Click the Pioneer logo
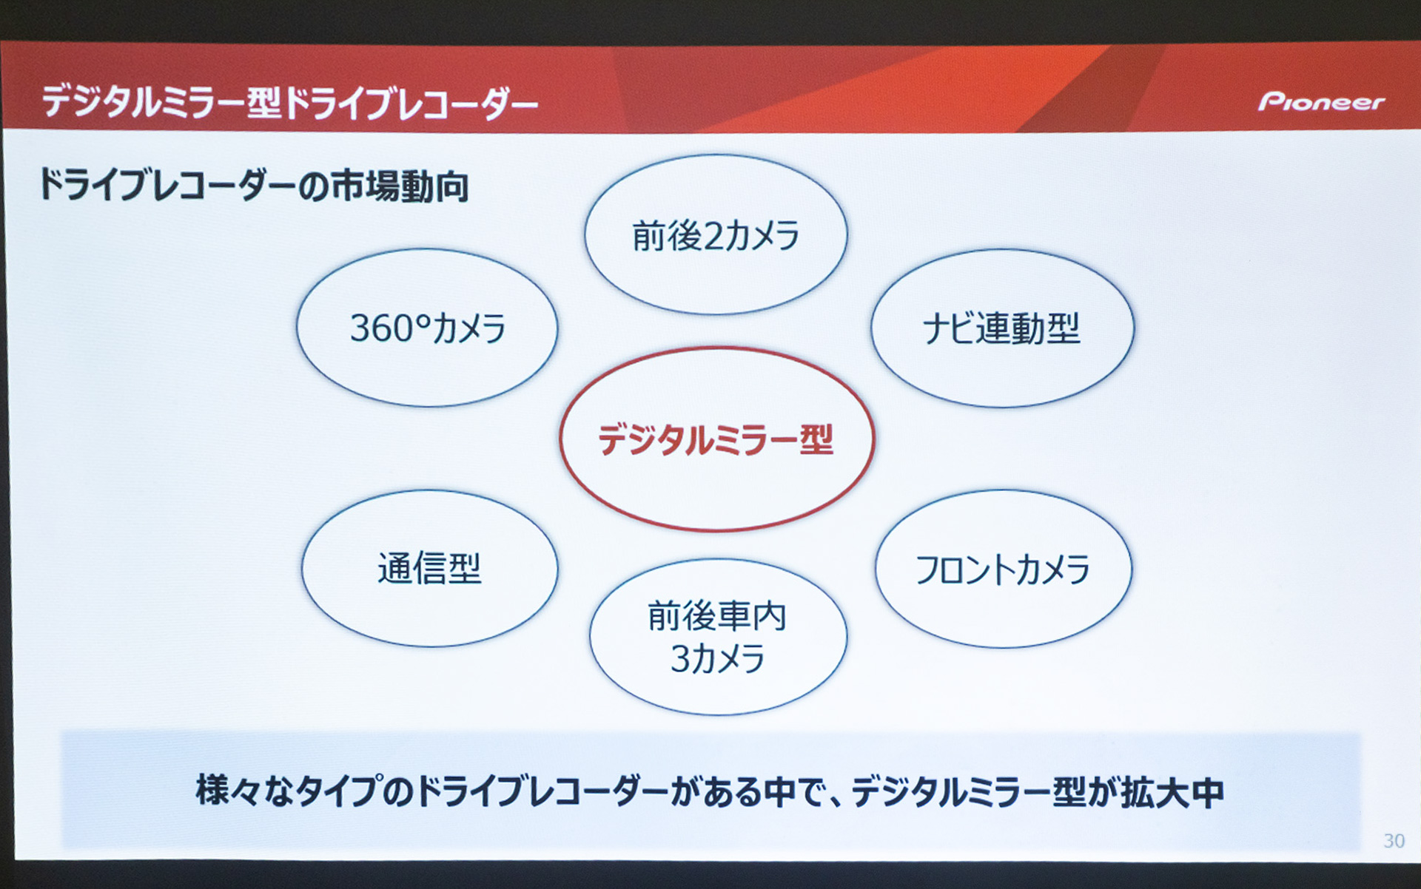tap(1321, 101)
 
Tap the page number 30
tap(1394, 841)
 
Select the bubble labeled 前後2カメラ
tap(715, 235)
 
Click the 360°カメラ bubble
tap(427, 328)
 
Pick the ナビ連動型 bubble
tap(1001, 328)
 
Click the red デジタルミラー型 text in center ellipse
tap(716, 439)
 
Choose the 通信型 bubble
tap(429, 569)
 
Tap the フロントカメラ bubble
tap(1003, 569)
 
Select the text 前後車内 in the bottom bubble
tap(716, 616)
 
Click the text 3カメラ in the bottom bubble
tap(716, 659)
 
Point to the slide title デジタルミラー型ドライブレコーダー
tap(289, 102)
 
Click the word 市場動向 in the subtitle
tap(400, 186)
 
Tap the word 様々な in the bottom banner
tap(244, 791)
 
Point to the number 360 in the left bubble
tap(383, 328)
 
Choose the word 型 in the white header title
tap(263, 102)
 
